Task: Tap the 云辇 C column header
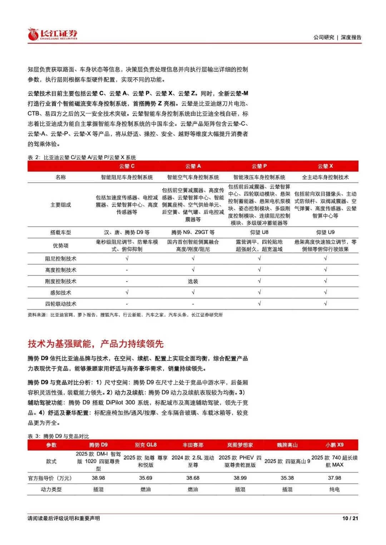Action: coord(127,166)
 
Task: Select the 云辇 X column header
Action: coord(325,166)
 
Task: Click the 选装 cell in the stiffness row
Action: coord(193,282)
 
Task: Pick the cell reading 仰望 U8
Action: coord(259,232)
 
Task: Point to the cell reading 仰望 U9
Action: coord(325,232)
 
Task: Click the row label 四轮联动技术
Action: coord(61,304)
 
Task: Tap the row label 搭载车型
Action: coord(61,232)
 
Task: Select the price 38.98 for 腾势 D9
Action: coord(98,478)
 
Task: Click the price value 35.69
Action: coord(145,478)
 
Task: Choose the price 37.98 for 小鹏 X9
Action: coord(335,478)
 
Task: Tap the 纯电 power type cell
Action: coord(335,490)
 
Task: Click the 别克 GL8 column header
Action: coord(145,445)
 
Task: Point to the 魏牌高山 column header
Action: coord(287,445)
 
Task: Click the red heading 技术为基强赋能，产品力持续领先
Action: coord(96,344)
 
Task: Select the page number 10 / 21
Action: coord(350,518)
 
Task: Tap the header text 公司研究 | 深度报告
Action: coord(337,37)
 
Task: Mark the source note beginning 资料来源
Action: coord(125,315)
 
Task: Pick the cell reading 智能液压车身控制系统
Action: coord(259,177)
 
